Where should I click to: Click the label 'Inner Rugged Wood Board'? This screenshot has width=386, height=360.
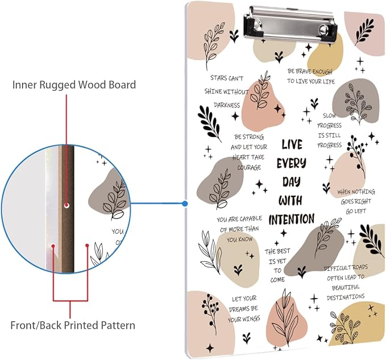coord(74,85)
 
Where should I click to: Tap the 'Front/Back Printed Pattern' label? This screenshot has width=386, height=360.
coord(73,325)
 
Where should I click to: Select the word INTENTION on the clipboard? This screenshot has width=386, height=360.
coord(291,219)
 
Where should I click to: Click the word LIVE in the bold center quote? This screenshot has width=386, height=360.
coord(292,144)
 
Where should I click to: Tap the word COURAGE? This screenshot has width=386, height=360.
coord(246,167)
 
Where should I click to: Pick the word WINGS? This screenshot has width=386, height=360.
coord(247,320)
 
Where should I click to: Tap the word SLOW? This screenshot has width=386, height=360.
coord(330,116)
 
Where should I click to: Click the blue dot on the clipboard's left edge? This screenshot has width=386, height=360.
coord(185,203)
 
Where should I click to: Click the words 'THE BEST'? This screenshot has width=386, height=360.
coord(277,251)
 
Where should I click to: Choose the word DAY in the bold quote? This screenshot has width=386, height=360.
coord(291,182)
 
